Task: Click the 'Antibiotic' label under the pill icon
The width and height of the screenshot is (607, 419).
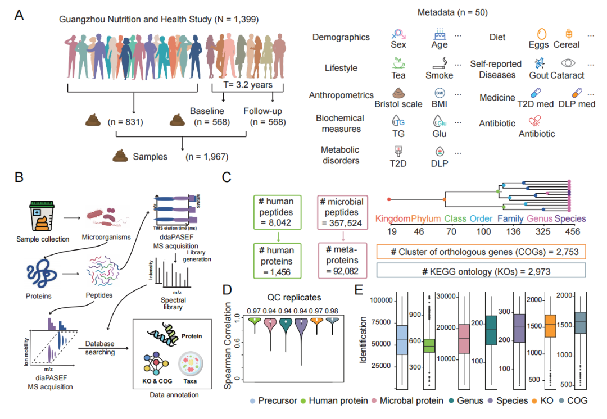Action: click(537, 134)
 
